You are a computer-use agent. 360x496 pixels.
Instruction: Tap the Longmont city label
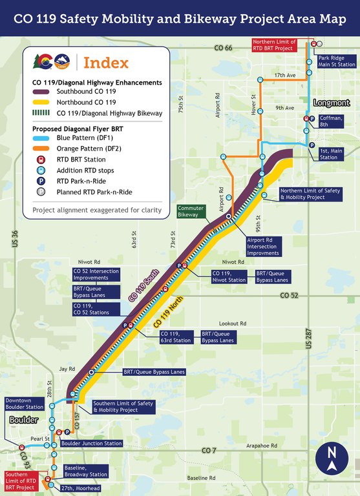point(331,103)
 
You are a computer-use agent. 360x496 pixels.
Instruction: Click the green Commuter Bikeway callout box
point(191,212)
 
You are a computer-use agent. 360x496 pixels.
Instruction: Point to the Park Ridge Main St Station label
point(337,61)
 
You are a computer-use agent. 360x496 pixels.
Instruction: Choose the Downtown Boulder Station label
point(25,404)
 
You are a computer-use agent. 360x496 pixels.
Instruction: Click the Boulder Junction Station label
point(91,444)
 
